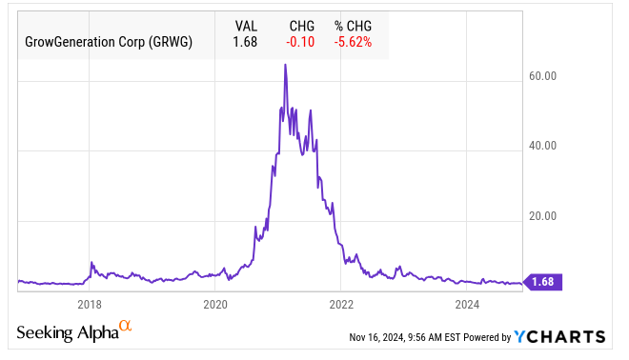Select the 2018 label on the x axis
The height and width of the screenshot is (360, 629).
(x=90, y=305)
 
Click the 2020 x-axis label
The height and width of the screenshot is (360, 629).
(x=215, y=305)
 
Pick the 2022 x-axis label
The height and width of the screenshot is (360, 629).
(x=341, y=305)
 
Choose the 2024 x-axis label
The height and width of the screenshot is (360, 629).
(x=467, y=305)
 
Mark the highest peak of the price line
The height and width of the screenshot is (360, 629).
(x=285, y=65)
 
